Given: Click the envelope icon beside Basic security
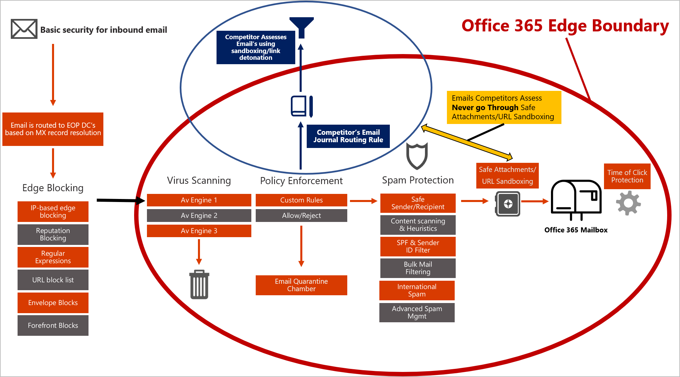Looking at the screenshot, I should click(x=24, y=29).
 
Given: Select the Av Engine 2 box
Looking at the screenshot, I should click(x=199, y=216).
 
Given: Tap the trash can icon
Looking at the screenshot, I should click(x=199, y=284).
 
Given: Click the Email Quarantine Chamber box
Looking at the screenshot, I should click(x=301, y=285).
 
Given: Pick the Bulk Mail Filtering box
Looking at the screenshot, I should click(x=418, y=268).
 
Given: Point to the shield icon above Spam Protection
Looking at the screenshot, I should click(x=417, y=156).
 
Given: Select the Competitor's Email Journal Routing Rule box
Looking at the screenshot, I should click(x=348, y=136).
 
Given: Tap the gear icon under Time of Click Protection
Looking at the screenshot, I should click(x=628, y=203).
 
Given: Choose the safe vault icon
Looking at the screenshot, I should click(x=507, y=204).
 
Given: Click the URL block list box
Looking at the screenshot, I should click(x=53, y=280).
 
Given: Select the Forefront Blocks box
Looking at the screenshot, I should click(x=53, y=325).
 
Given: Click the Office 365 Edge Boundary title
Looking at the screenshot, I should click(x=565, y=26).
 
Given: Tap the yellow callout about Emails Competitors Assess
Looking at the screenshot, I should click(x=504, y=107).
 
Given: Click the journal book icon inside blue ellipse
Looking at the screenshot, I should click(x=302, y=106).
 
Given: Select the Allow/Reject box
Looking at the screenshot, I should click(x=301, y=216).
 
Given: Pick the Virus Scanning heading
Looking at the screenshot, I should click(x=199, y=180).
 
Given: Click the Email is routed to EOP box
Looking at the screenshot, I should click(x=53, y=129).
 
